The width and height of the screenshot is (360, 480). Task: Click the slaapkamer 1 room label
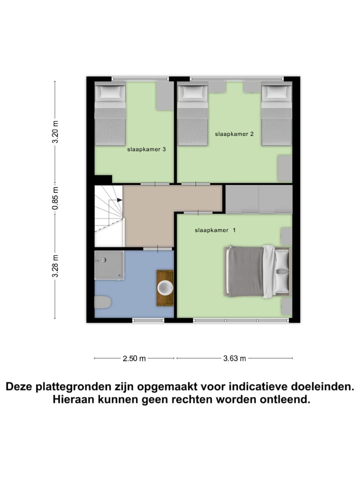point(215,230)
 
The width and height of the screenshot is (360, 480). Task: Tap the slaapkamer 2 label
point(234,134)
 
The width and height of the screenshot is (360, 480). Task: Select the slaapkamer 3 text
point(146,148)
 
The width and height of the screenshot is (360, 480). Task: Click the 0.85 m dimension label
point(55,197)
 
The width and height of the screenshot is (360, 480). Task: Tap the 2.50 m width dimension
point(134,358)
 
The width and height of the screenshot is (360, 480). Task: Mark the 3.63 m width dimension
point(234,358)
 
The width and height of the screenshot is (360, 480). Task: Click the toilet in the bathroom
point(102,302)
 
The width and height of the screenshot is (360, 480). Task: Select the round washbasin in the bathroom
point(165,288)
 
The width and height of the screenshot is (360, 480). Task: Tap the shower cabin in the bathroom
point(109,265)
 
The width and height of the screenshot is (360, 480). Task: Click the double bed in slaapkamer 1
point(257,270)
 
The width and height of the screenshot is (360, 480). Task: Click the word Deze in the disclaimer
point(20,386)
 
